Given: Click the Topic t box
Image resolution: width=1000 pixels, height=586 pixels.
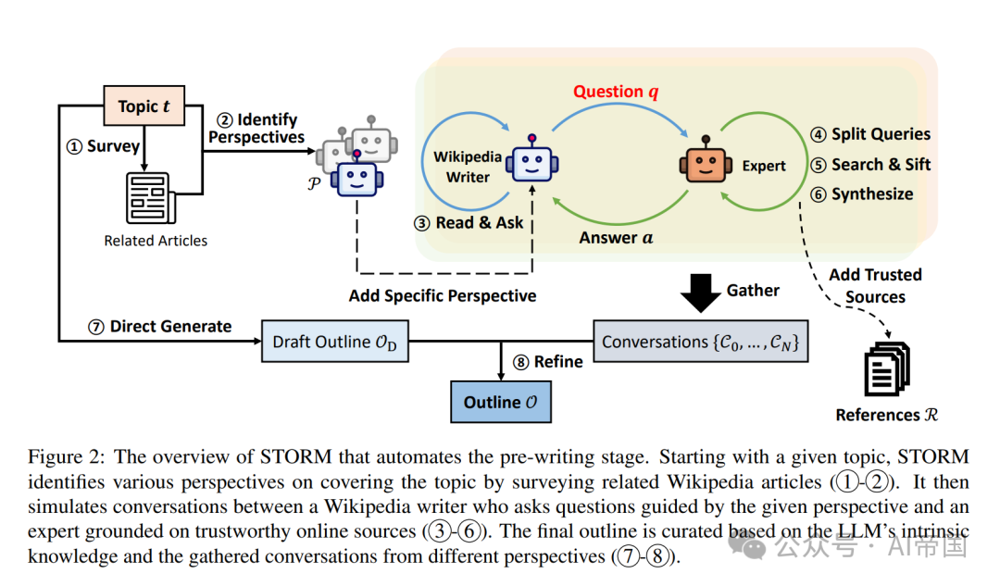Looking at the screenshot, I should (x=144, y=106).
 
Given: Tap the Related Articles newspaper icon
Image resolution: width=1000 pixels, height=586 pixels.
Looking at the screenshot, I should (x=148, y=198).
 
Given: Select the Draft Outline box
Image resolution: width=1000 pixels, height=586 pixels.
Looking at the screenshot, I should (x=334, y=343).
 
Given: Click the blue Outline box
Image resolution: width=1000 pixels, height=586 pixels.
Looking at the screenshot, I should (x=501, y=403).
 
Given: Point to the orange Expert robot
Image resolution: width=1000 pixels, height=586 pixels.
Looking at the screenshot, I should (x=706, y=165).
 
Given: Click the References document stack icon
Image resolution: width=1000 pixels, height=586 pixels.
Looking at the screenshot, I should (x=886, y=368).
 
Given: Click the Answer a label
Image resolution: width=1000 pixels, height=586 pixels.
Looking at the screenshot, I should (x=616, y=238).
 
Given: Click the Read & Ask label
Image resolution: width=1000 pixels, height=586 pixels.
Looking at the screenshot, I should (x=471, y=223).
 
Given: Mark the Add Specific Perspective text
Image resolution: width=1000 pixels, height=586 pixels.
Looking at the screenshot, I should (x=443, y=296).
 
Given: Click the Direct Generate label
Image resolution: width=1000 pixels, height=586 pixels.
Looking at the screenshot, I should (x=160, y=326).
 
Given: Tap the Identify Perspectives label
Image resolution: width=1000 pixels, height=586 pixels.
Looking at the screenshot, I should (x=256, y=129).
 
